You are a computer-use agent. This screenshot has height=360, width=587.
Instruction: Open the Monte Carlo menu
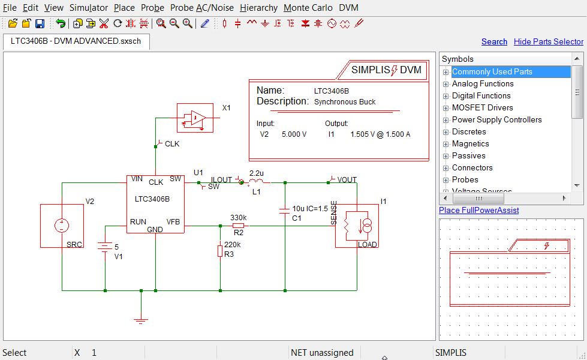pos(308,8)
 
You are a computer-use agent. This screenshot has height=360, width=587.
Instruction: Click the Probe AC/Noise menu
pos(202,8)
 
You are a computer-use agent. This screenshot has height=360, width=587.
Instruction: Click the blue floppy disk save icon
pos(40,23)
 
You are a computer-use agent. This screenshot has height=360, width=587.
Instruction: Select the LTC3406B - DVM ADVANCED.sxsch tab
pos(76,41)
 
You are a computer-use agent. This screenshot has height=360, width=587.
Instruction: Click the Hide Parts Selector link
pos(548,41)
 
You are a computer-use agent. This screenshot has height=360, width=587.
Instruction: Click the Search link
pos(494,41)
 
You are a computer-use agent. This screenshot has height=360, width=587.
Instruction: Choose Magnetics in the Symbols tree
pos(470,143)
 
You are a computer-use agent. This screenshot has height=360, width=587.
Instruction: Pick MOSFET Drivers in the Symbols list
pos(482,107)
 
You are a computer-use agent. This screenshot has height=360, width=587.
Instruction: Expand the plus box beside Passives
pos(445,156)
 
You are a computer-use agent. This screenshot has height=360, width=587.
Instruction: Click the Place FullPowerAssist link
pos(478,210)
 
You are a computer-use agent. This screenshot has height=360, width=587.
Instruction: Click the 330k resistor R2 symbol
pos(238,226)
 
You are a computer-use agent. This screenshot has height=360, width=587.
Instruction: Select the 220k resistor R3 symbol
pos(220,251)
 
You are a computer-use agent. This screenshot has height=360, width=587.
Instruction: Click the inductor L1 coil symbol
pos(256,181)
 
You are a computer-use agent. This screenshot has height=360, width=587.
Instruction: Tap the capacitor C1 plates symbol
pos(285,210)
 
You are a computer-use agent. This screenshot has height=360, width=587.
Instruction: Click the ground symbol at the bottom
pos(141,320)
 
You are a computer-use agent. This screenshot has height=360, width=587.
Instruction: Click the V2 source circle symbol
pos(61,226)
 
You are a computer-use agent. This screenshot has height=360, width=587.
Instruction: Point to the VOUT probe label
pos(347,179)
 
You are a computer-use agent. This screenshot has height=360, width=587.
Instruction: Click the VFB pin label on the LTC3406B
pos(173,221)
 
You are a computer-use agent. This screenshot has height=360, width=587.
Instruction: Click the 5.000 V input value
pos(294,134)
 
